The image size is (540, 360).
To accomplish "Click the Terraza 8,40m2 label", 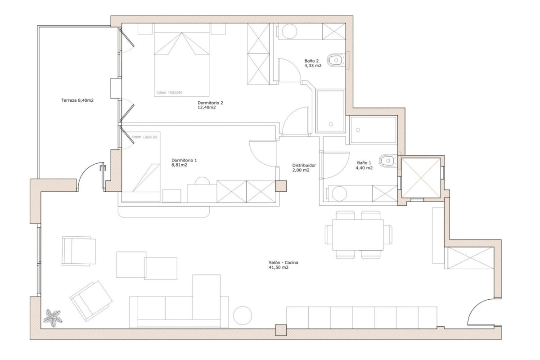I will pyautogui.click(x=77, y=100).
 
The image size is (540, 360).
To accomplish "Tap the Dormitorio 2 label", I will pyautogui.click(x=210, y=105).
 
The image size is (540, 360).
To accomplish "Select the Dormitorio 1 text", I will pyautogui.click(x=184, y=162).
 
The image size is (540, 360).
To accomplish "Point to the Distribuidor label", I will pyautogui.click(x=304, y=167).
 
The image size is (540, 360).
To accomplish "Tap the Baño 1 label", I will pyautogui.click(x=364, y=165).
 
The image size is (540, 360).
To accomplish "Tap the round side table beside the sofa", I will pyautogui.click(x=243, y=315).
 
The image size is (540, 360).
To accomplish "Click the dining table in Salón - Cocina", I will pyautogui.click(x=358, y=235).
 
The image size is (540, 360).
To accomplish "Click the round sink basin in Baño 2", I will pyautogui.click(x=289, y=31).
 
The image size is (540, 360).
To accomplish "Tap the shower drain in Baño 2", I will pyautogui.click(x=331, y=123).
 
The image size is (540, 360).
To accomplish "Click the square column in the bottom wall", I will pyautogui.click(x=281, y=330).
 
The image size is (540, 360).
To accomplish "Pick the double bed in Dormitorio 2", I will pyautogui.click(x=182, y=63).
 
